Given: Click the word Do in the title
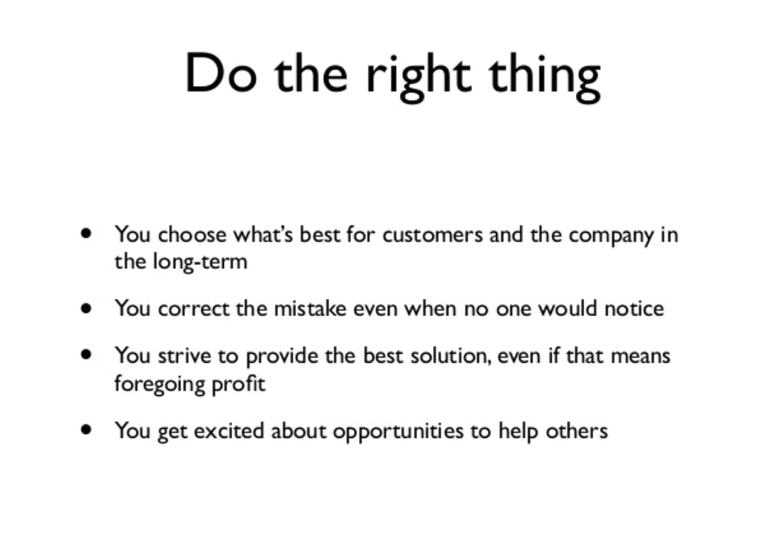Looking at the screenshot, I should (x=220, y=74).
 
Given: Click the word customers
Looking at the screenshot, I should (x=432, y=234).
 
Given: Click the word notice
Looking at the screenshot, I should (x=633, y=308).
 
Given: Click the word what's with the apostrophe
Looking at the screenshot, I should (x=263, y=234).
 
